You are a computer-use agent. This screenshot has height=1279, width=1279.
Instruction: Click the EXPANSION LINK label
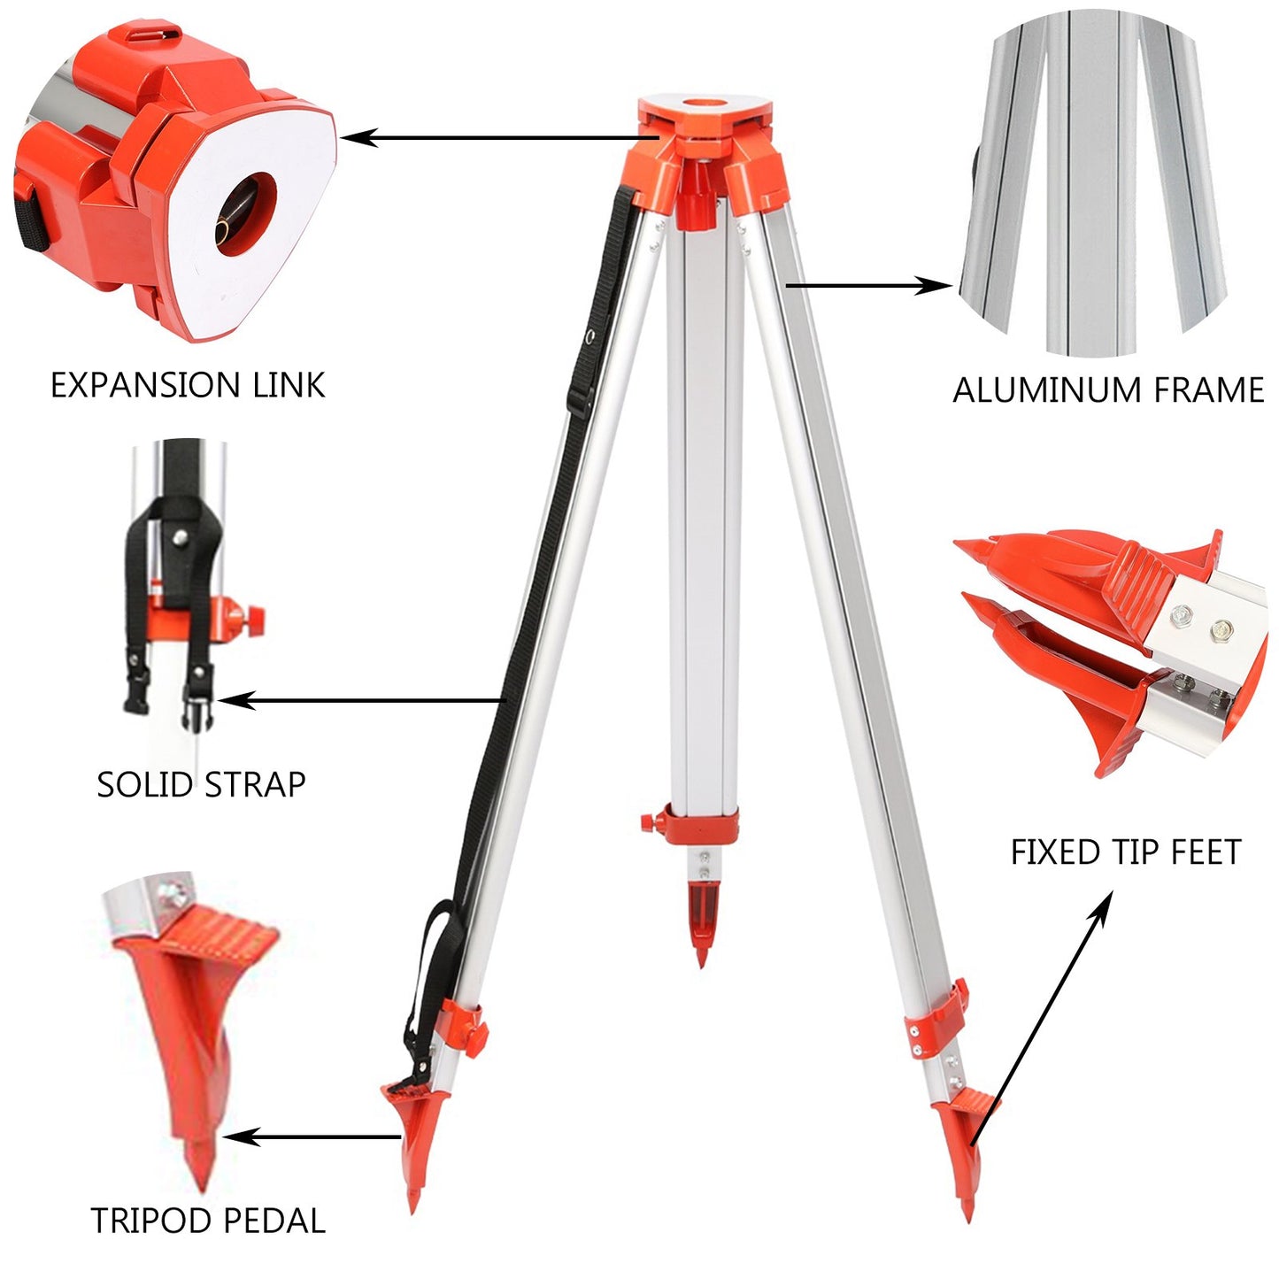188,386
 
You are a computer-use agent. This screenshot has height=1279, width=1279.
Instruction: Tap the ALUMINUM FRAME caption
1108,390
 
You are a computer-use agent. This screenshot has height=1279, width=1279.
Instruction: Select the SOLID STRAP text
201,785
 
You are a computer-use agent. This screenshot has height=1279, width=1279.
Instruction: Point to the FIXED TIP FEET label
1126,852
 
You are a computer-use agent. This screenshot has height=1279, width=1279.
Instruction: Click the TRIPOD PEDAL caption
208,1221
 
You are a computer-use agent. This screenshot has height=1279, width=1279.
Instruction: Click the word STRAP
255,785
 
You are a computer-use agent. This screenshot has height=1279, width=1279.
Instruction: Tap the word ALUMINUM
1042,390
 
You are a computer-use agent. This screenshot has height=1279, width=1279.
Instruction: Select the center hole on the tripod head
705,107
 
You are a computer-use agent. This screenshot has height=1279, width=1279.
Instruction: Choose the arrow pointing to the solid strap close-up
363,701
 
